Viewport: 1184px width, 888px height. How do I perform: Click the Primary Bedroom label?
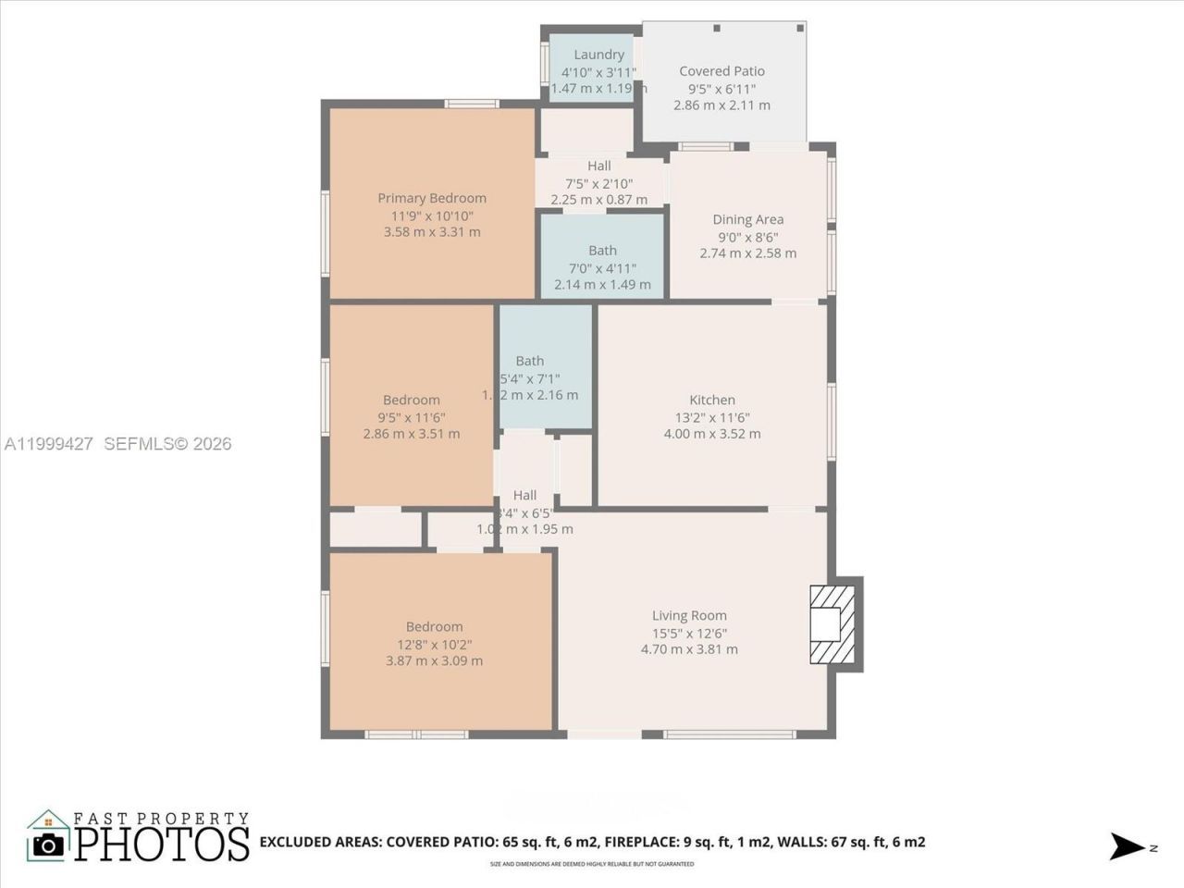432,198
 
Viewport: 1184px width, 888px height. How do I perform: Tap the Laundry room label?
598,55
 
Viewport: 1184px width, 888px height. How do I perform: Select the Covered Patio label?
721,71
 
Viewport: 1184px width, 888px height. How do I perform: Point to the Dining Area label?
747,219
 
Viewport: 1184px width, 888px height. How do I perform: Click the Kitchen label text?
712,400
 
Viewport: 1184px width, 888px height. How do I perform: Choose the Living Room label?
689,615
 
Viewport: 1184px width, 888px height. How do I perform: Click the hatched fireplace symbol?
832,624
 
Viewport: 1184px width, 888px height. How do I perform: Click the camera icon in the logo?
48,843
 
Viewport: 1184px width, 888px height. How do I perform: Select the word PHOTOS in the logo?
162,844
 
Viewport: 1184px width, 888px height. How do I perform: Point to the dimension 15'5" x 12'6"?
689,634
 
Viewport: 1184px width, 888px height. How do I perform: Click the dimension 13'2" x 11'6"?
712,417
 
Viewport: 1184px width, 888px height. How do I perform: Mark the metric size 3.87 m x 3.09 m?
434,660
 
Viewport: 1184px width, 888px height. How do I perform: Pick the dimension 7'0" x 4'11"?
602,268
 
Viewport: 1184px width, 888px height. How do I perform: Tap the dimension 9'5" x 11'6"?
411,417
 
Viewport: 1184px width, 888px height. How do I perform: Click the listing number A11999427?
49,444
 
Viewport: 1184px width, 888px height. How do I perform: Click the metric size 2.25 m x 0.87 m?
598,200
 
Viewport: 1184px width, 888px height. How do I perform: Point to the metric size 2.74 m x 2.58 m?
747,253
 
